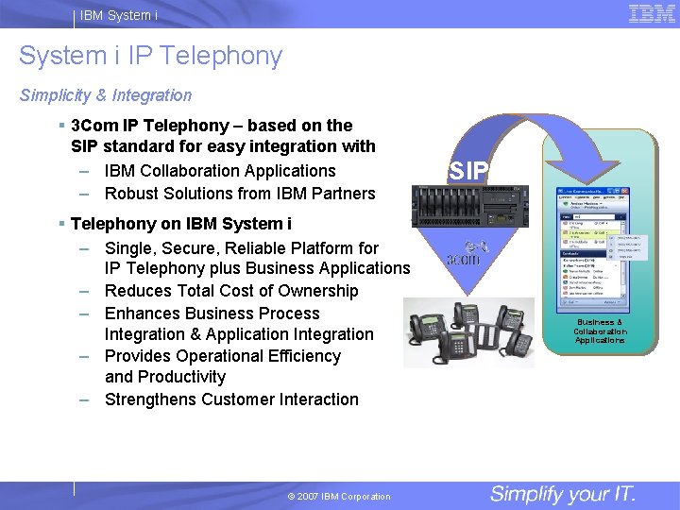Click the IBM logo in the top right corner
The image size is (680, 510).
click(652, 13)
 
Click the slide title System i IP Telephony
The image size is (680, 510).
click(150, 57)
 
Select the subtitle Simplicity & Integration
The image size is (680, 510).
click(106, 95)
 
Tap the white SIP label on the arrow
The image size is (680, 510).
click(469, 171)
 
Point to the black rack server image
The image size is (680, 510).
click(467, 204)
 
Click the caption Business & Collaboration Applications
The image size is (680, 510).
click(600, 331)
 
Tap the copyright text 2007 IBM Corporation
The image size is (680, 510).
click(338, 497)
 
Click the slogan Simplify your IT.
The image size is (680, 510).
click(563, 494)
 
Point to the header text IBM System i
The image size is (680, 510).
click(119, 15)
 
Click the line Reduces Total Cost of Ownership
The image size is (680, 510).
click(231, 291)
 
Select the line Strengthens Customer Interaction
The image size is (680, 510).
click(231, 399)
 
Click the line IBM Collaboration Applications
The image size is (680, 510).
click(220, 171)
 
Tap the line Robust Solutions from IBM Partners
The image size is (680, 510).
click(240, 194)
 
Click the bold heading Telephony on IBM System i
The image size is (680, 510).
click(181, 224)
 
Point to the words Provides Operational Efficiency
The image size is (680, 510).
click(223, 356)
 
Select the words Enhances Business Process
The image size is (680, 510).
click(212, 314)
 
